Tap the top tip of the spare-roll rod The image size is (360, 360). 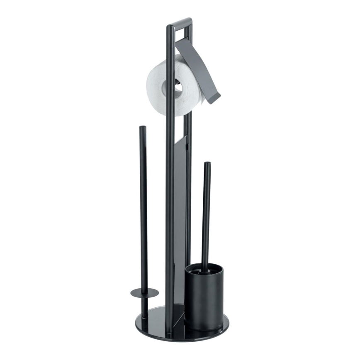tap(142, 128)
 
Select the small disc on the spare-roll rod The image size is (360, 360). tap(144, 292)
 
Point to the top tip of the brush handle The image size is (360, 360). tap(207, 164)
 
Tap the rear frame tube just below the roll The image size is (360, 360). tap(189, 124)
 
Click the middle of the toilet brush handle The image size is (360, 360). tap(206, 216)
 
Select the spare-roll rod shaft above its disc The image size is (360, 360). tap(143, 207)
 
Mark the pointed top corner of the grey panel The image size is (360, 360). tap(186, 136)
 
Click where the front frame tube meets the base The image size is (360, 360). tap(170, 331)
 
